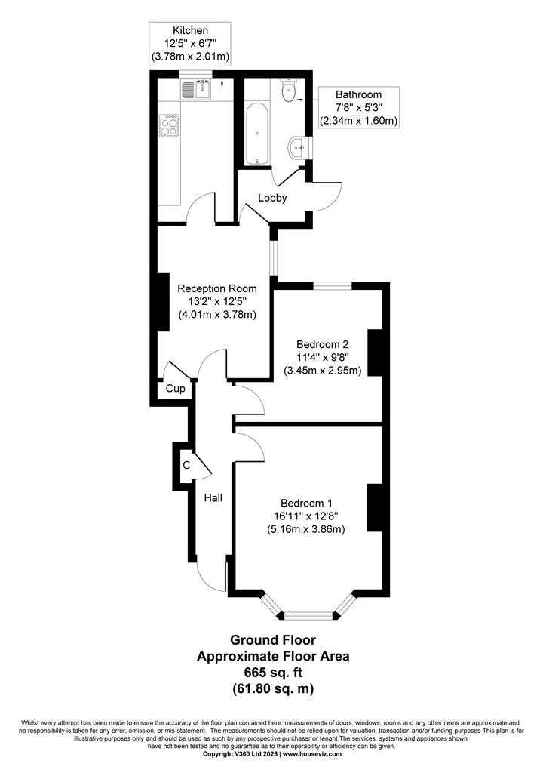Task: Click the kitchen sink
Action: [x=196, y=89]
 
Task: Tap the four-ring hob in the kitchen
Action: [x=169, y=125]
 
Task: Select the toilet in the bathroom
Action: [x=288, y=90]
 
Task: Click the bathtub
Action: [x=257, y=134]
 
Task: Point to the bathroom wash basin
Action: [x=296, y=147]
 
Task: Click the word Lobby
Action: [x=272, y=198]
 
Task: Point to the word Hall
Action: [x=213, y=498]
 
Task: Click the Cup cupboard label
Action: [x=175, y=389]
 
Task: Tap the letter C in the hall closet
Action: [x=186, y=465]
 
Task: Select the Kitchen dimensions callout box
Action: [x=190, y=43]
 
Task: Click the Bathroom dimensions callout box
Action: [x=358, y=107]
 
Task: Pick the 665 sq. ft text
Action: [x=273, y=672]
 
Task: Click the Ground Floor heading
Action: [x=273, y=639]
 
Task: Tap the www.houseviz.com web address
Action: [x=312, y=754]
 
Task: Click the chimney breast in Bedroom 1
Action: [x=375, y=508]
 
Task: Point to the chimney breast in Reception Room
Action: [x=162, y=300]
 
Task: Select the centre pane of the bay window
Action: [x=308, y=615]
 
